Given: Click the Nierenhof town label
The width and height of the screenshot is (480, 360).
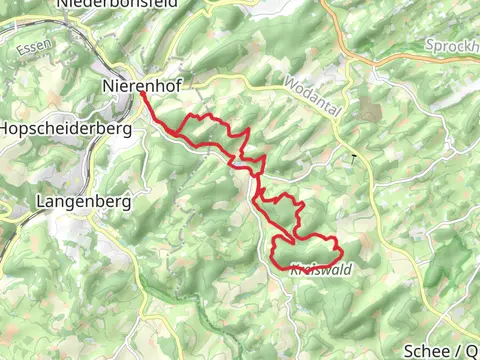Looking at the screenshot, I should [141, 86].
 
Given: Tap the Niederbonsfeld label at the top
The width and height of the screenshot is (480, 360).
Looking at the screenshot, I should [118, 4].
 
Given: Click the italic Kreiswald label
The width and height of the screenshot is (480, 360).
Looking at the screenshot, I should [321, 269].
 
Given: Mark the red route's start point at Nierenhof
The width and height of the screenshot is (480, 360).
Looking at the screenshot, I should [142, 94].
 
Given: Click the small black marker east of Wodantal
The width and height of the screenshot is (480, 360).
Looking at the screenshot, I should [353, 158].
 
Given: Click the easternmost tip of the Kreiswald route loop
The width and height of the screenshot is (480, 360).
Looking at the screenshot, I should [342, 251].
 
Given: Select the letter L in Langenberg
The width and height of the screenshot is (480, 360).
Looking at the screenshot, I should [41, 201].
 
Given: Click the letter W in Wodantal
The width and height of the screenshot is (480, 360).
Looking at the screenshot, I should [288, 81].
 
